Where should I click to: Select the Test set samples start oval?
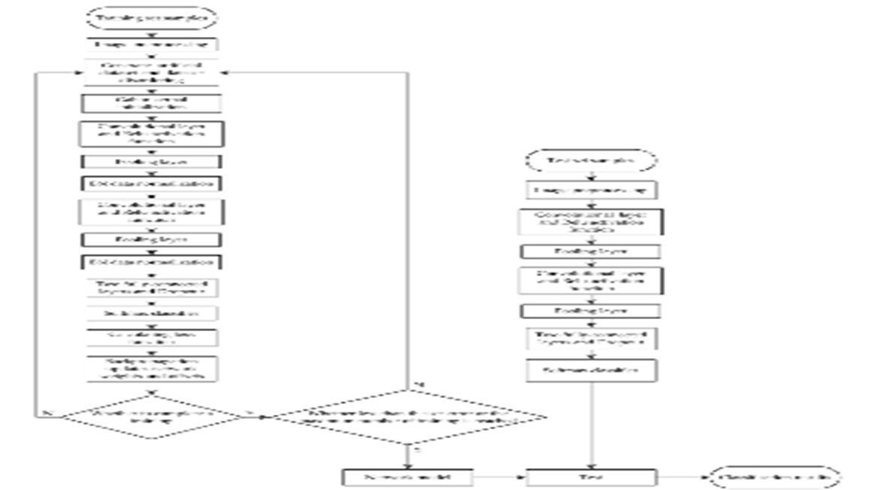(592, 160)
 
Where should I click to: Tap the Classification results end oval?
(775, 477)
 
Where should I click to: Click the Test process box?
(592, 477)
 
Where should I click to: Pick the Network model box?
(407, 477)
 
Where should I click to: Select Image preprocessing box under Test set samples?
(592, 190)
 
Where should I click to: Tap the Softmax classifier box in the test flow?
(592, 370)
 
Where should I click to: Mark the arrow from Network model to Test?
(500, 477)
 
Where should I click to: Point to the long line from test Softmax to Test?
(595, 425)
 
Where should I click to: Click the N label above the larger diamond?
(419, 385)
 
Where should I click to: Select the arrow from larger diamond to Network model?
(407, 456)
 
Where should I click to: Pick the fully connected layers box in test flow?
(592, 339)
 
